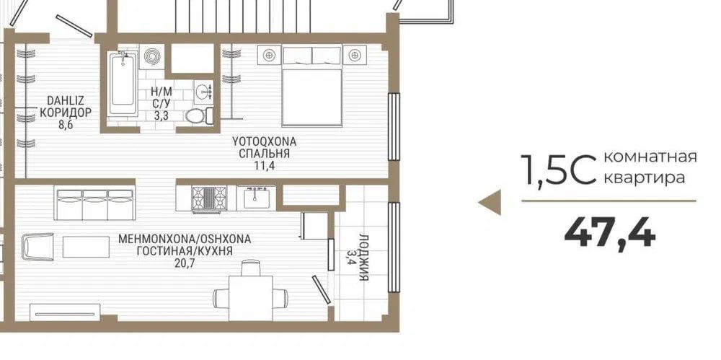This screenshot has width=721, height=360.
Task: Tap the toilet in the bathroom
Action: (195, 116)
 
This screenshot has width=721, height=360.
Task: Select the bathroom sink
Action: (204, 91)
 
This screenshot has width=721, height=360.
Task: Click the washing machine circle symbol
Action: (151, 56)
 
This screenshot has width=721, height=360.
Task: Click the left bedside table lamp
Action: (270, 54)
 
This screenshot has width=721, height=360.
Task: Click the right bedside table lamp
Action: (354, 54)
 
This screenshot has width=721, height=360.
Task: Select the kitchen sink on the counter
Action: (257, 196)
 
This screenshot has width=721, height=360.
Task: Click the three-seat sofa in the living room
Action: (94, 204)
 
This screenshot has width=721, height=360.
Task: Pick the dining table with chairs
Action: (250, 292)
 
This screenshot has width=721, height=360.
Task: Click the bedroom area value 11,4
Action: (265, 165)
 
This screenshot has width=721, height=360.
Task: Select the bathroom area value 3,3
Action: (161, 113)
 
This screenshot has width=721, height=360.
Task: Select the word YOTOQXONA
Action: (264, 141)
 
